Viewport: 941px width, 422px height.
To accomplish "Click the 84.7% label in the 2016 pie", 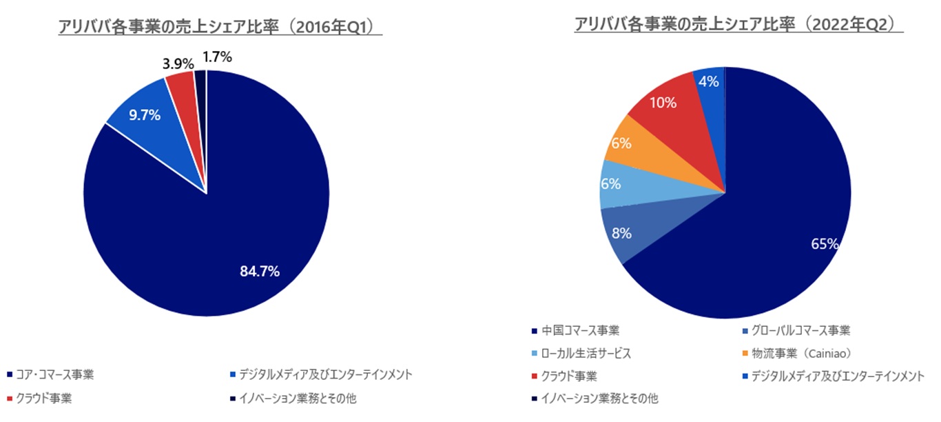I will (260, 272).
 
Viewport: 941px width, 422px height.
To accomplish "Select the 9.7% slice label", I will (145, 115).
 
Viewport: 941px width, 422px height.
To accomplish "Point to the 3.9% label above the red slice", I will (177, 63).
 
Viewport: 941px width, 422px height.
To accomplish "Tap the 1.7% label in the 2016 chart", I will (218, 55).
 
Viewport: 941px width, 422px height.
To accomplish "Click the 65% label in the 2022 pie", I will (825, 243).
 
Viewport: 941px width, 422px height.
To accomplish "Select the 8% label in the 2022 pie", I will (621, 233).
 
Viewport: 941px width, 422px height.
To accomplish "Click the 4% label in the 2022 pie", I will (709, 81).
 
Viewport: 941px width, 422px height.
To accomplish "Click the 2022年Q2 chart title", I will (738, 24).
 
